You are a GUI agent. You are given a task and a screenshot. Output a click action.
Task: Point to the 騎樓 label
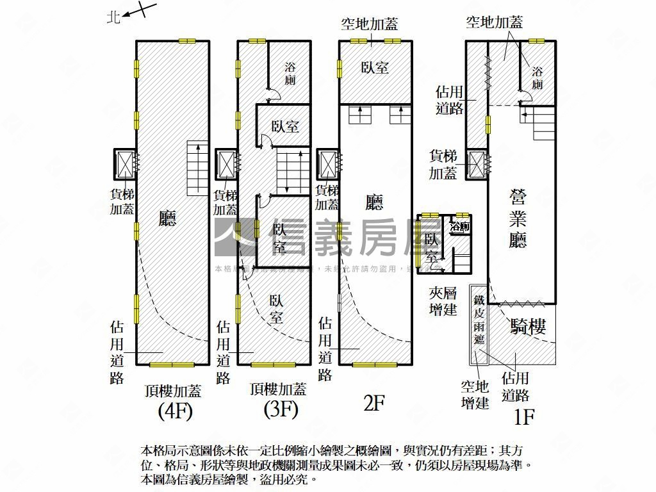(x=529, y=327)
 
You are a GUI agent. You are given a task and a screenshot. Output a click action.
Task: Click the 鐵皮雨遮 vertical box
(x=479, y=324)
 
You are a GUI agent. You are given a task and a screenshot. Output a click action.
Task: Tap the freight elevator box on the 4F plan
(x=124, y=165)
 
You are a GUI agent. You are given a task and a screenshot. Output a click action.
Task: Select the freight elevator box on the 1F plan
(x=477, y=165)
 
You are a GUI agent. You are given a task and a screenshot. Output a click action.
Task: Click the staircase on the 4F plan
(x=197, y=168)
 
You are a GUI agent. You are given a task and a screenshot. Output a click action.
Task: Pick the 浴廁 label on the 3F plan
(x=290, y=74)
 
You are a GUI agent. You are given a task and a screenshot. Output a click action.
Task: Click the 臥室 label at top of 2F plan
(x=375, y=67)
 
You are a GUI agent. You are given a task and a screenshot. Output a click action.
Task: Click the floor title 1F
(x=524, y=417)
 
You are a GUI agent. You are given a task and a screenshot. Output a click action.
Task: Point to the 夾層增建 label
(x=443, y=301)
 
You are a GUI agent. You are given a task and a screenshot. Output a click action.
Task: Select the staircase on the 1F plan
(x=544, y=124)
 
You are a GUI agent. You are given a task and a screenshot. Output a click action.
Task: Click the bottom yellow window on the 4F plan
(x=172, y=365)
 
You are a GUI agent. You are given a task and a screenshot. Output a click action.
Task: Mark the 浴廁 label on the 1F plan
(x=537, y=77)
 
